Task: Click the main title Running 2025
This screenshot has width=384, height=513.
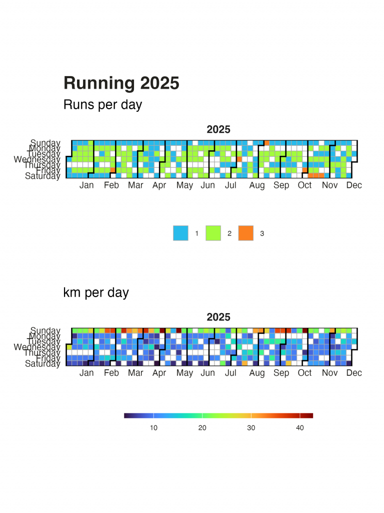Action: (x=121, y=83)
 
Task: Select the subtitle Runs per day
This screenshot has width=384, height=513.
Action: (x=102, y=105)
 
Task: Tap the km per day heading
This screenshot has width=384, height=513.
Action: (x=96, y=292)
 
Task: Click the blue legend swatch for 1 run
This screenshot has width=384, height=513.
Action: (x=180, y=233)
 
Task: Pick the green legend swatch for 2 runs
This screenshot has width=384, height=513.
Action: (x=213, y=233)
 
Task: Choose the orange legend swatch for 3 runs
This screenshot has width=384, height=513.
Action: (x=245, y=233)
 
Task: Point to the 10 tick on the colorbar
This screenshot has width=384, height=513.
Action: (x=153, y=427)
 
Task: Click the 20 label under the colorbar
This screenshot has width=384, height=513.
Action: (x=202, y=427)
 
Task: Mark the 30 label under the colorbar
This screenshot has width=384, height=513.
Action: (x=251, y=427)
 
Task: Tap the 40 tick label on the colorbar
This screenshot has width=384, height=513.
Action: (x=300, y=427)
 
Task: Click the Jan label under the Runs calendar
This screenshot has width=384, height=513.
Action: (x=86, y=185)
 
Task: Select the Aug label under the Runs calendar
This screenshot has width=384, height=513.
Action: (x=257, y=185)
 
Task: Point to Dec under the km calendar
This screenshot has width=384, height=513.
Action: (x=354, y=373)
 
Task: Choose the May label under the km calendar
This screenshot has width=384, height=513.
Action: (x=184, y=373)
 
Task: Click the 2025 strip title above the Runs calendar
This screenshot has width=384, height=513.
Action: (x=218, y=130)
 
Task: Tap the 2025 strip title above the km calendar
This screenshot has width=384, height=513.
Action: (x=218, y=317)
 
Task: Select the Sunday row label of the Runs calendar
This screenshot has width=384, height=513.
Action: (x=45, y=143)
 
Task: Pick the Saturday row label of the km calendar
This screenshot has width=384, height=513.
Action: (x=42, y=364)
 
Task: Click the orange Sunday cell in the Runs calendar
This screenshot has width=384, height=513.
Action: (x=267, y=143)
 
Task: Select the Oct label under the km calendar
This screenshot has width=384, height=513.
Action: (x=304, y=373)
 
